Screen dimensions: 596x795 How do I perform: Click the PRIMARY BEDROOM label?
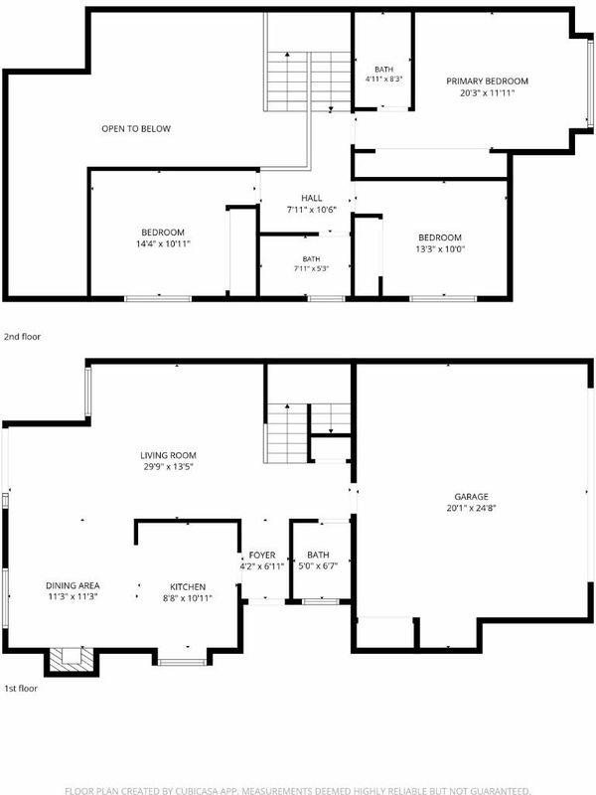487,81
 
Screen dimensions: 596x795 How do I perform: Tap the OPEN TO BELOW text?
136,129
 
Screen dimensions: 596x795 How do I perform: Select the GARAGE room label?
471,497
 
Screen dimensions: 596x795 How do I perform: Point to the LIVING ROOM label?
168,455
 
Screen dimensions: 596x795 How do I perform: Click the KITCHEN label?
188,586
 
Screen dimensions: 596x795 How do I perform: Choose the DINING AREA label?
73,585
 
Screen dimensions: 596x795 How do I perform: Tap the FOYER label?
262,556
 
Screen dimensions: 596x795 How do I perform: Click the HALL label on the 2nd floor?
312,198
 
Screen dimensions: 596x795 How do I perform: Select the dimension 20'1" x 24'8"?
471,508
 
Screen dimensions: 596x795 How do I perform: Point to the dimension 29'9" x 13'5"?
168,466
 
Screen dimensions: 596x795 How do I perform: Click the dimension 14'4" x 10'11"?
163,243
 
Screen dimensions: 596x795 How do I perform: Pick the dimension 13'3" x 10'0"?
440,249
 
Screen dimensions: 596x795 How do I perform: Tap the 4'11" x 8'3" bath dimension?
383,79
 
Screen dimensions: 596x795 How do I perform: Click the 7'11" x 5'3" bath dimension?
311,268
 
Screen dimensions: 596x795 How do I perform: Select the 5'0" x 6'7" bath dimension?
318,566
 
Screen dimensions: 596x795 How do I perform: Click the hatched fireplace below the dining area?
71,661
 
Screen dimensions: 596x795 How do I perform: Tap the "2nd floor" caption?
22,337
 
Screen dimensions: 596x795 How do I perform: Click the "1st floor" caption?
21,689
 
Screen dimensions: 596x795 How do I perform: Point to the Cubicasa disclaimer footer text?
298,790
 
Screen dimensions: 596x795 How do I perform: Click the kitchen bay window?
182,662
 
